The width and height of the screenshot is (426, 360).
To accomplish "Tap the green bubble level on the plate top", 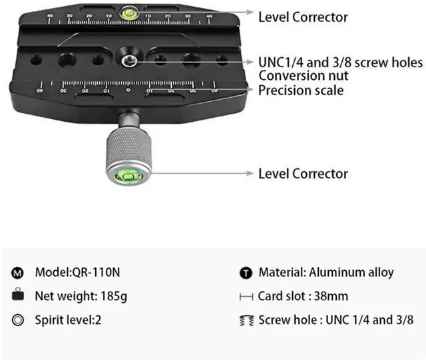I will pos(127,11).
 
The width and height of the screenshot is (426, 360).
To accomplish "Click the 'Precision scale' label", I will pos(301,90).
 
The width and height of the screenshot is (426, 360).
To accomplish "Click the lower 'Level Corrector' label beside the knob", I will pos(303,174).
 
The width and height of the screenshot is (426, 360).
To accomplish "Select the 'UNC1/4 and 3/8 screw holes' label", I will pos(340,63).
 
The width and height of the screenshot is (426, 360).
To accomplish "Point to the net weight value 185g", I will pos(114,295).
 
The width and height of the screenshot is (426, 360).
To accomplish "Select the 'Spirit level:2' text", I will pos(68,319).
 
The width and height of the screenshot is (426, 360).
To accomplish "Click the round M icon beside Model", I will pos(18,273).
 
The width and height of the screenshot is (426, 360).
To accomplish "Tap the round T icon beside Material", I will pos(246,273).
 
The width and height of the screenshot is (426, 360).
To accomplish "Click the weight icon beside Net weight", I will pos(18,296).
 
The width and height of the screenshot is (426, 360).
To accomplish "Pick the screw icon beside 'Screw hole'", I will pos(246,320).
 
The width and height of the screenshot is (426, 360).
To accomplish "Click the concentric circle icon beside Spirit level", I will pos(18,320).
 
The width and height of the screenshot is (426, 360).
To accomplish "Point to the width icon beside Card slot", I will pos(246,296).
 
